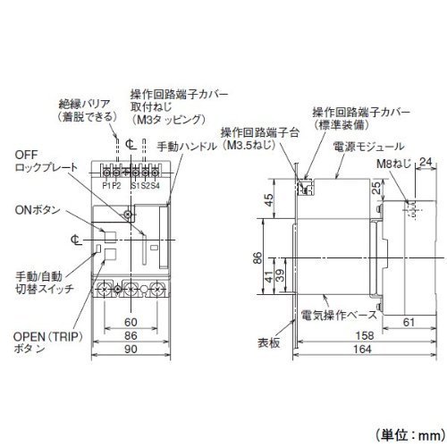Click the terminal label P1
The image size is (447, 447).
(106, 186)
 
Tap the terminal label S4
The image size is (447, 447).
(155, 186)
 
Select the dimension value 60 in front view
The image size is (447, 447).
(131, 322)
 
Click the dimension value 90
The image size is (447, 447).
(131, 349)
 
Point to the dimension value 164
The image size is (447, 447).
(362, 349)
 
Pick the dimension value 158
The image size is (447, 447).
(365, 335)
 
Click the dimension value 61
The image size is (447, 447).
(409, 322)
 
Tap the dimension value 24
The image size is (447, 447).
(426, 162)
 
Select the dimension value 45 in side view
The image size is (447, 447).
(269, 200)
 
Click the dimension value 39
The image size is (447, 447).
(280, 275)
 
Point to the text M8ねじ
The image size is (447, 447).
(393, 164)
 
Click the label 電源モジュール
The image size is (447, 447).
(368, 147)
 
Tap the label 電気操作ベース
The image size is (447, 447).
(339, 315)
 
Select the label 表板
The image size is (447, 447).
(269, 343)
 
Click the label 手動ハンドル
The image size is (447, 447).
(187, 147)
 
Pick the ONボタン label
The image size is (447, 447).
(38, 210)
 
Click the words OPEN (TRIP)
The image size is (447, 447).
(48, 337)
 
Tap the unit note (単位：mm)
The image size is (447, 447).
(410, 435)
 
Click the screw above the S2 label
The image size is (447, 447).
(145, 173)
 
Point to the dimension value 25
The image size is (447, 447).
(376, 188)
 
